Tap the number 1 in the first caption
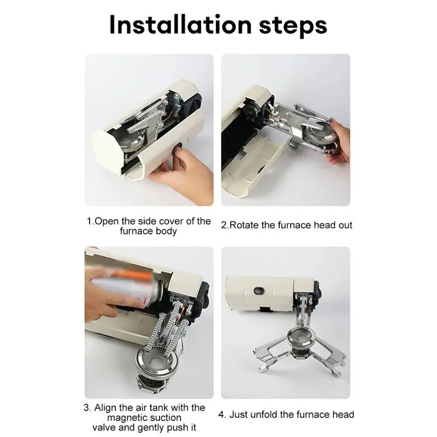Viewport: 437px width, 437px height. (x=90, y=222)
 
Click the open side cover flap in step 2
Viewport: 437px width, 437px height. (x=251, y=164)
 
